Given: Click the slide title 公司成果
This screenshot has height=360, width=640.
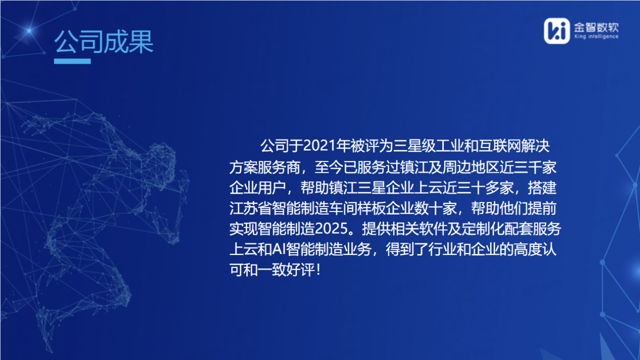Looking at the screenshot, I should tap(104, 42).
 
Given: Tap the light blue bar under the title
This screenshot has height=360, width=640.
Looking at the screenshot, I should tap(72, 62).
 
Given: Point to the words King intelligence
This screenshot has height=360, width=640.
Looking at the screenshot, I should tap(596, 37).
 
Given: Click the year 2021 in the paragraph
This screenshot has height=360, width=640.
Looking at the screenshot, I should tap(320, 147).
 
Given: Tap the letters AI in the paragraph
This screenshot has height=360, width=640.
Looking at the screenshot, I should tap(280, 249).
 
